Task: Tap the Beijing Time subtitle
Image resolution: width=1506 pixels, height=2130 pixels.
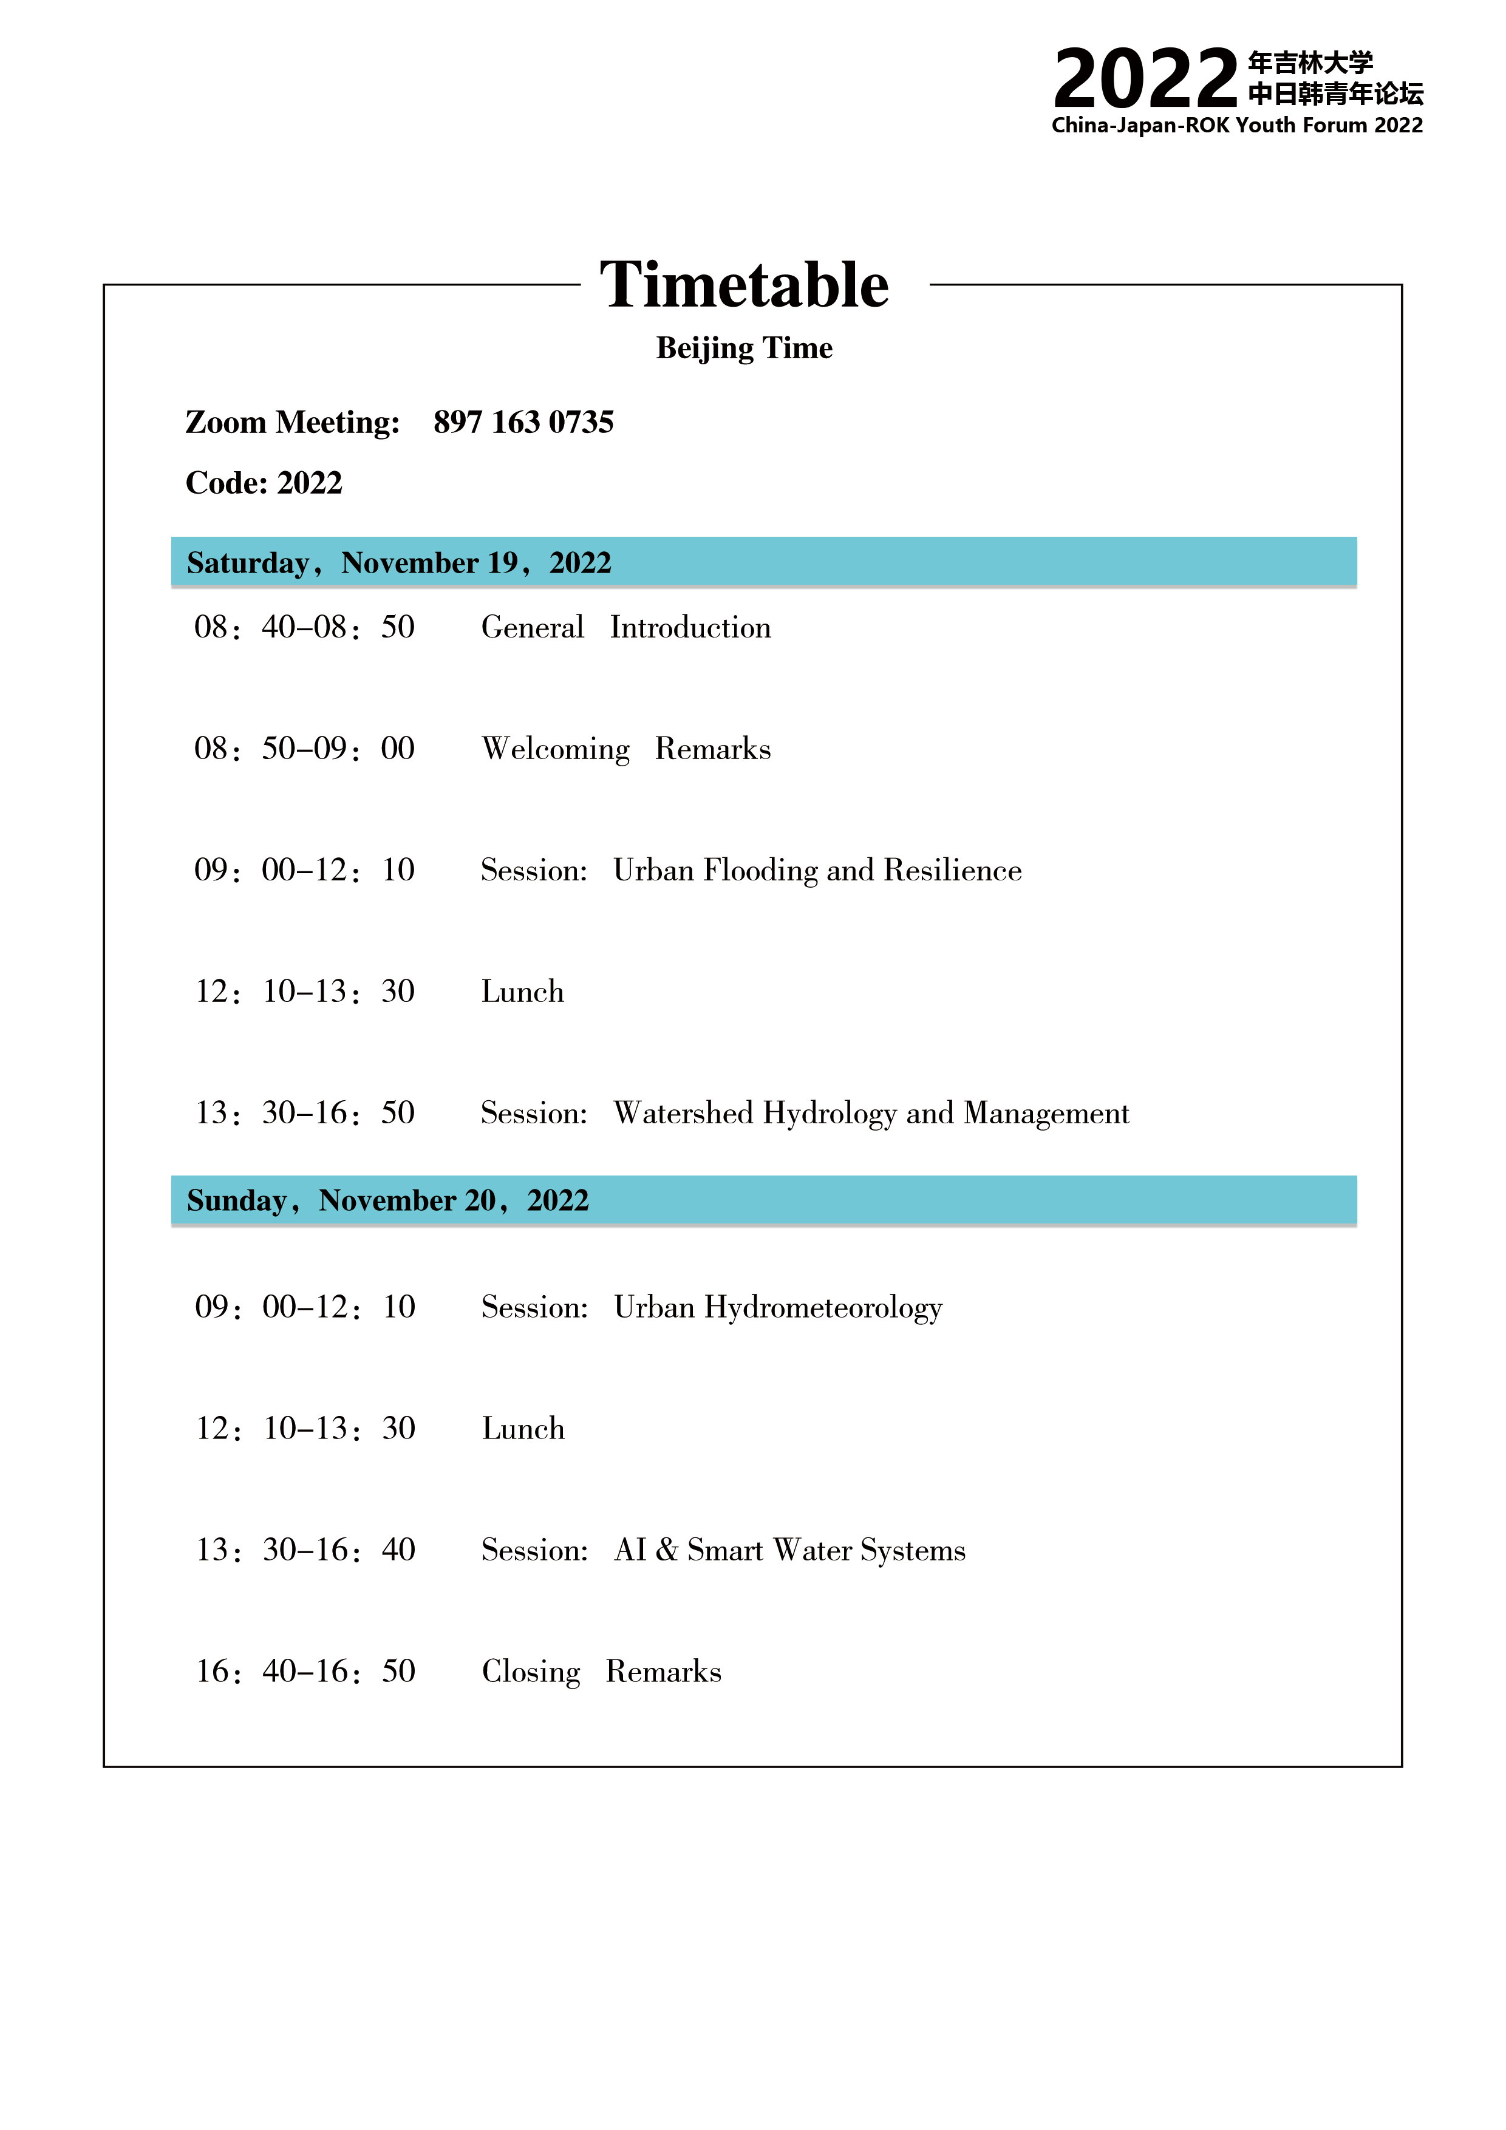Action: [743, 348]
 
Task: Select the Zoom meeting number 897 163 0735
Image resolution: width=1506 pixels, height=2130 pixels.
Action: [523, 422]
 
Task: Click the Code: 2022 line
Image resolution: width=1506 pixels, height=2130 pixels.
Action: [264, 482]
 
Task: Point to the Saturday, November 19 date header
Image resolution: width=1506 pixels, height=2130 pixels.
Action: [399, 562]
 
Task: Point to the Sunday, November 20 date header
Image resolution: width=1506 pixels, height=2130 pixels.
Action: [388, 1200]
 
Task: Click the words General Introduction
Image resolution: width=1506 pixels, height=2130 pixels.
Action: [625, 628]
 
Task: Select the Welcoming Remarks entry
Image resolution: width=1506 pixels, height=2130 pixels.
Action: [625, 749]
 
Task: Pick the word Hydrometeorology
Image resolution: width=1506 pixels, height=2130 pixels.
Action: [823, 1308]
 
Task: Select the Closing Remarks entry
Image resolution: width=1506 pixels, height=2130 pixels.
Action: [601, 1672]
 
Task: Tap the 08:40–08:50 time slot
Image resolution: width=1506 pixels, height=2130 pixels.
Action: [304, 628]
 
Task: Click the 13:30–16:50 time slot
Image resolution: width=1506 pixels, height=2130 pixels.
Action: [304, 1113]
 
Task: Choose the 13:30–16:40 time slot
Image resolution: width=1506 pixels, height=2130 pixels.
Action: [305, 1550]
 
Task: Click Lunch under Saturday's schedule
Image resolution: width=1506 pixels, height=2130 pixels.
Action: [522, 992]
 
